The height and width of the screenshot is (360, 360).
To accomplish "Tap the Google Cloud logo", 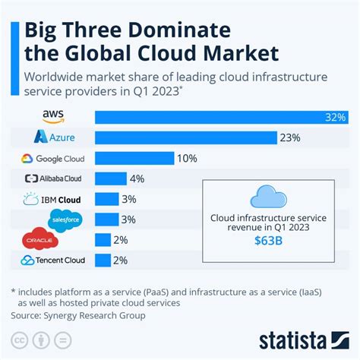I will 54,159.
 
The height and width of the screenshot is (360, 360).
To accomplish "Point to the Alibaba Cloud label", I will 55,179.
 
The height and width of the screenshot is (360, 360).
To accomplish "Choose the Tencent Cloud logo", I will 54,261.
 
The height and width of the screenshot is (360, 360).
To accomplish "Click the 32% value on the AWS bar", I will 335,118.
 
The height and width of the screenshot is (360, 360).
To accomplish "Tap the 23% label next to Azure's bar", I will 291,138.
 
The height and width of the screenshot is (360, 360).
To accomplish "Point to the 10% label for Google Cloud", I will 186,159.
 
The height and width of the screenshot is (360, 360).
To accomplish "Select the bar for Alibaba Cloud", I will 110,179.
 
